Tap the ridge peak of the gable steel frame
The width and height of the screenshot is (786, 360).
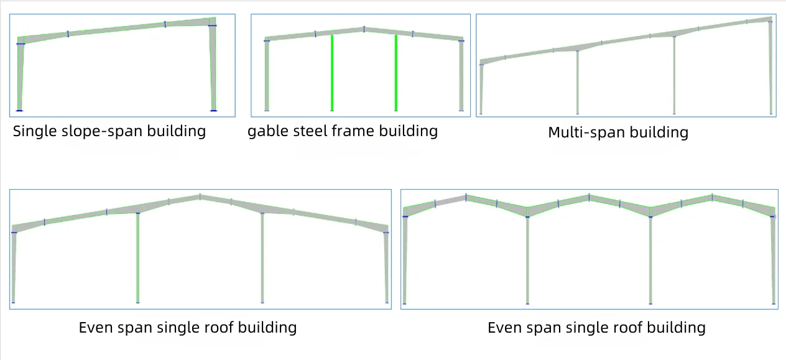(x=364, y=29)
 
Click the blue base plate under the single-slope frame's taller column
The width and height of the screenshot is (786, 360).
(x=214, y=111)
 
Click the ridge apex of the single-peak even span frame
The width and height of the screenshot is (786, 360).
(x=200, y=196)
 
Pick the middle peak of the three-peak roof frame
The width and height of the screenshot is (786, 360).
(x=589, y=196)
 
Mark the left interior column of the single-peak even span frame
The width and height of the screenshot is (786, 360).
(x=137, y=257)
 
